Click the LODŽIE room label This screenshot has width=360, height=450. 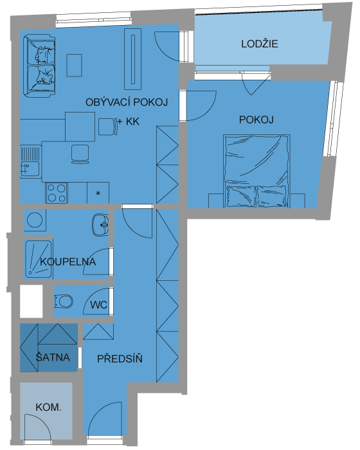pos(260,44)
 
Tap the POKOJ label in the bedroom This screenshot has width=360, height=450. pos(256,120)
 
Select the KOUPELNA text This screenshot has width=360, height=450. pos(67,262)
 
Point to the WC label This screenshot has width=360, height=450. pos(99,305)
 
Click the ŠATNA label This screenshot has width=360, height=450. pos(53,357)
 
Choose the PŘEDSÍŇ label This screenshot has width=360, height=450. pos(120,359)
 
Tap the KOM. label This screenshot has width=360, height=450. pos(48,407)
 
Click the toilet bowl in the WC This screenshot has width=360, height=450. pos(64,301)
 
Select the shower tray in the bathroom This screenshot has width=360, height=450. pos(38,259)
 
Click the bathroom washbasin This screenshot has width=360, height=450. pos(100,225)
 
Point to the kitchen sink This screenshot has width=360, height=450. pos(30,168)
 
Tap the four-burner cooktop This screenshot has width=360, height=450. pos(57,193)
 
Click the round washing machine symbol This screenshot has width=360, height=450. pos(35,220)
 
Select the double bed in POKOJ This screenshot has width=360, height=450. pos(256,171)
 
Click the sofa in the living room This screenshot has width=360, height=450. pos(39,66)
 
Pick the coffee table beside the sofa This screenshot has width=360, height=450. pos(75,66)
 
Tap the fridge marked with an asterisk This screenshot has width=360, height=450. pos(98,193)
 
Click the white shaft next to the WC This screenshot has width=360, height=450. pos(32,301)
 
